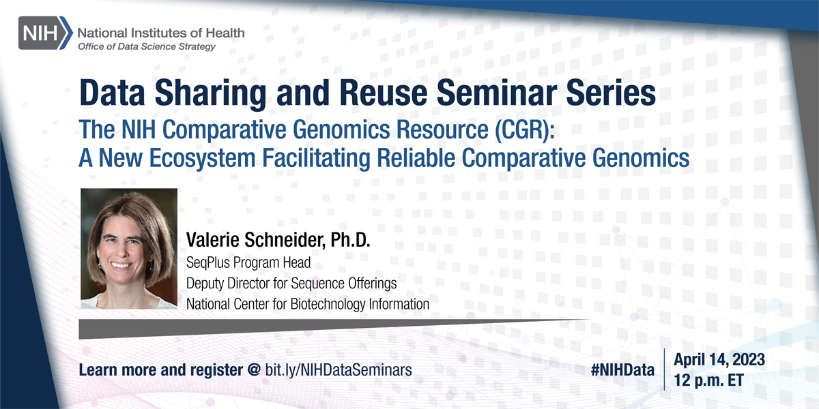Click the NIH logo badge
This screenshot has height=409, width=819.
[46, 33]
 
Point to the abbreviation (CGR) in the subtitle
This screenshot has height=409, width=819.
[524, 130]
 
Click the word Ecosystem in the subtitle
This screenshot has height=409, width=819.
[202, 158]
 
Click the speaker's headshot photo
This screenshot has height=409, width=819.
[129, 249]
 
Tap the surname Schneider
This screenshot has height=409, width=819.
[285, 240]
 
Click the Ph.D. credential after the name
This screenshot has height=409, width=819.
[350, 240]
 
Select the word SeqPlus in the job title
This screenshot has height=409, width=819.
[208, 263]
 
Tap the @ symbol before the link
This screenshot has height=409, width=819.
[254, 369]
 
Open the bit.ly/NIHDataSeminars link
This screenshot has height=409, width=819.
[339, 370]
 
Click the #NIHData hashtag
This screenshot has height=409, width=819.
[622, 370]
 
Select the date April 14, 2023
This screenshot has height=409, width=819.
[719, 360]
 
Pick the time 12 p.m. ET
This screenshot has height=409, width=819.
[708, 380]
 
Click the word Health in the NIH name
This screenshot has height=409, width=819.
[225, 33]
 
